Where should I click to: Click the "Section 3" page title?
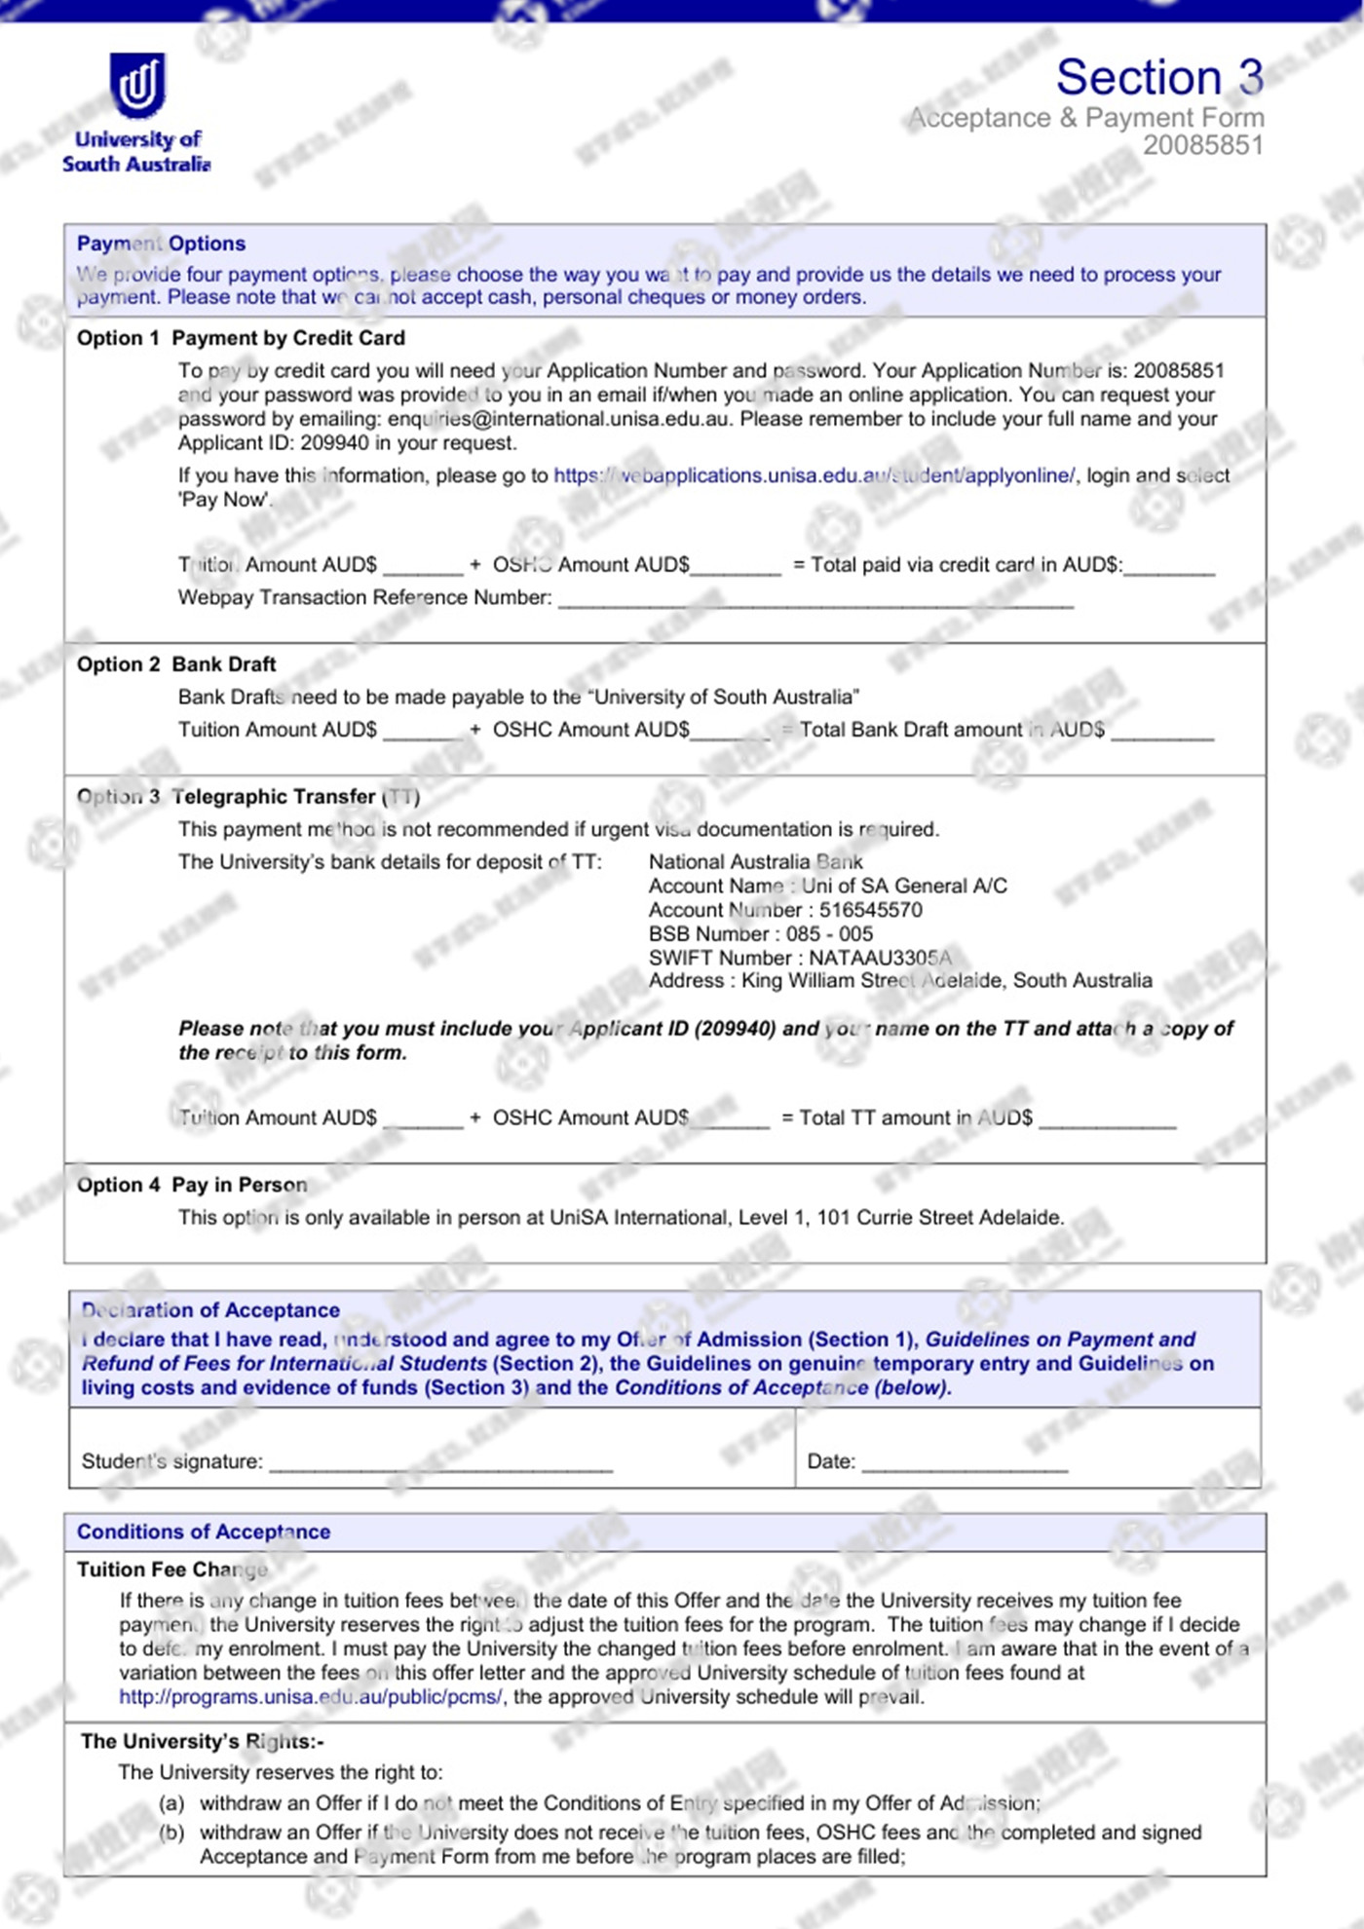click(x=1159, y=78)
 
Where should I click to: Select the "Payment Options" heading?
click(x=161, y=244)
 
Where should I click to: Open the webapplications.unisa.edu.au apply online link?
click(x=815, y=475)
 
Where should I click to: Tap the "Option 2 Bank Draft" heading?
click(x=176, y=664)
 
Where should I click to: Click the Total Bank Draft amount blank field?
click(x=1161, y=733)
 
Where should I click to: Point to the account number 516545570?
click(x=870, y=910)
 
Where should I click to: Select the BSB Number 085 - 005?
click(x=829, y=933)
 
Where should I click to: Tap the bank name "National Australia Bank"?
click(x=755, y=861)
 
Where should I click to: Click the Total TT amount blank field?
click(x=1107, y=1120)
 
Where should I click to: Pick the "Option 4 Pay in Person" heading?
click(x=192, y=1185)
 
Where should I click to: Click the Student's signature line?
click(x=440, y=1463)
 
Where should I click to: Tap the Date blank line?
click(x=965, y=1463)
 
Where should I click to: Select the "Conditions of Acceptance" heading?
click(x=204, y=1532)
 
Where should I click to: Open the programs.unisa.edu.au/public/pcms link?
click(x=311, y=1696)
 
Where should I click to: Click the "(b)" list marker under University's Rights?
click(x=171, y=1833)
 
